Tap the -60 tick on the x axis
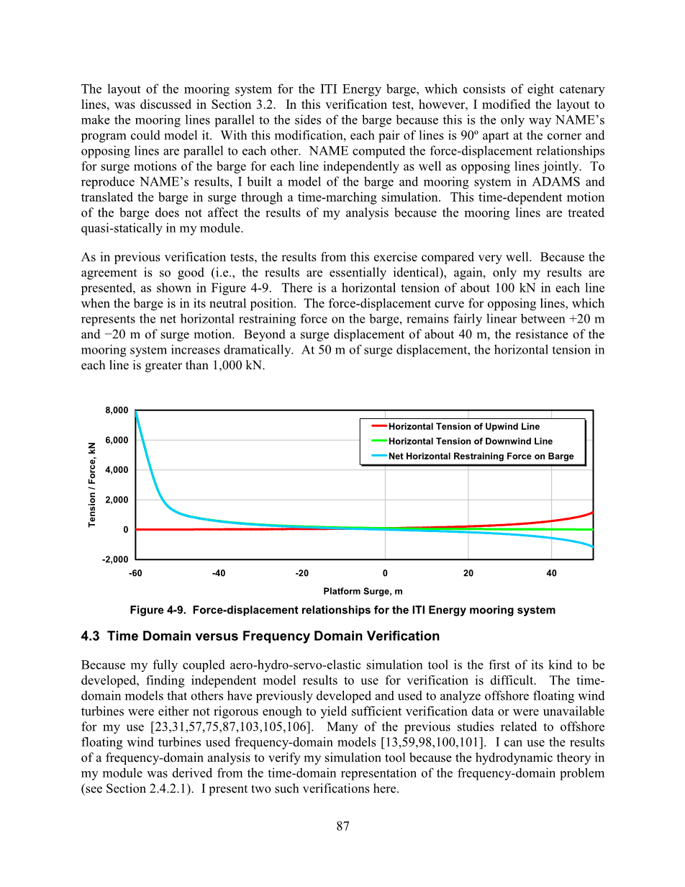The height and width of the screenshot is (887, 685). pyautogui.click(x=136, y=573)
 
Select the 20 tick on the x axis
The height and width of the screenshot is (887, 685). pyautogui.click(x=468, y=573)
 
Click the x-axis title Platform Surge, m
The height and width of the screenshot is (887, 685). pyautogui.click(x=363, y=591)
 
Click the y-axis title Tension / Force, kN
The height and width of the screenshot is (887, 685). pyautogui.click(x=93, y=485)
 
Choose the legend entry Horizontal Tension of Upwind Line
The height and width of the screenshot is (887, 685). pyautogui.click(x=463, y=426)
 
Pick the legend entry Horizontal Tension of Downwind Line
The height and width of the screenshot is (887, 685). pyautogui.click(x=470, y=441)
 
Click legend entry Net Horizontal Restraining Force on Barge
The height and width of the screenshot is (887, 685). pyautogui.click(x=481, y=456)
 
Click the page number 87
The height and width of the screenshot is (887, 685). pyautogui.click(x=342, y=827)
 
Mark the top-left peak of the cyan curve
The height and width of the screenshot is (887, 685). pyautogui.click(x=136, y=412)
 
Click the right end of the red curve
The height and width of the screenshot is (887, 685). pyautogui.click(x=593, y=513)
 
